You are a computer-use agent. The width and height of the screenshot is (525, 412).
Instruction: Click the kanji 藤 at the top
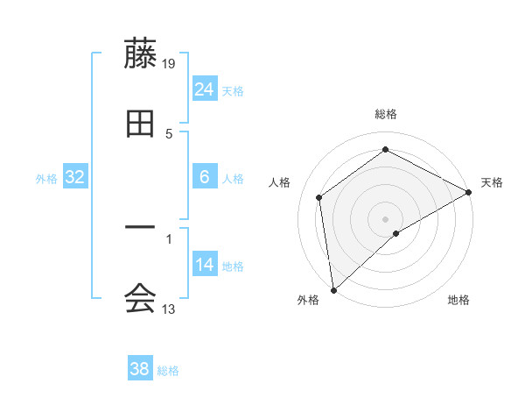(x=140, y=53)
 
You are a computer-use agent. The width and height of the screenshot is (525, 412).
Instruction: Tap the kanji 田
(x=140, y=124)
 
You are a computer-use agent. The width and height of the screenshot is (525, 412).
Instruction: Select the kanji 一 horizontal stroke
(x=140, y=230)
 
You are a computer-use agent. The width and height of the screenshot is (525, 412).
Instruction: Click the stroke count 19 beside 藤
(x=170, y=63)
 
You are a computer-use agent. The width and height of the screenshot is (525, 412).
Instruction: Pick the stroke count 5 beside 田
(x=169, y=133)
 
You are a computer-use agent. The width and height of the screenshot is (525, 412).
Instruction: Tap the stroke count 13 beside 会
(x=169, y=309)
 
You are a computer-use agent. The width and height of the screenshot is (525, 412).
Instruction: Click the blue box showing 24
(x=205, y=89)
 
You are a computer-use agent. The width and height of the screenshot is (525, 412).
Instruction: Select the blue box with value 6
(x=205, y=177)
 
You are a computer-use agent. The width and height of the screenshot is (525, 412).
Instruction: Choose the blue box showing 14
(x=205, y=265)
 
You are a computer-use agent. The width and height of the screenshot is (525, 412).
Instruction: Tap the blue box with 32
(x=75, y=177)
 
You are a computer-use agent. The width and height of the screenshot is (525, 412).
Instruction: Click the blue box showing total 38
(x=140, y=369)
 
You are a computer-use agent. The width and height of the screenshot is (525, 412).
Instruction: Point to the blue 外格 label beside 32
(x=46, y=179)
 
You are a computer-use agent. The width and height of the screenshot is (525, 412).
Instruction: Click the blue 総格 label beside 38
(x=168, y=371)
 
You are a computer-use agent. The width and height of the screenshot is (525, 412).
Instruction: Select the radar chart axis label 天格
(x=492, y=182)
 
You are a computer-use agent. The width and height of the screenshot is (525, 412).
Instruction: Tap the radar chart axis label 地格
(x=458, y=300)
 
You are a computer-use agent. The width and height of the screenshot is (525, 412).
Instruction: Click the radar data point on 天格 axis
(x=470, y=192)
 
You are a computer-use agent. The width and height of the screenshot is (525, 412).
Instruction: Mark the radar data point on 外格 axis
(x=333, y=290)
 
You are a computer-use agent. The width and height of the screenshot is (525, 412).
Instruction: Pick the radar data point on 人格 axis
(x=319, y=197)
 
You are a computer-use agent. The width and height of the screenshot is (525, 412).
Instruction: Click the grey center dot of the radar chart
(x=385, y=218)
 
